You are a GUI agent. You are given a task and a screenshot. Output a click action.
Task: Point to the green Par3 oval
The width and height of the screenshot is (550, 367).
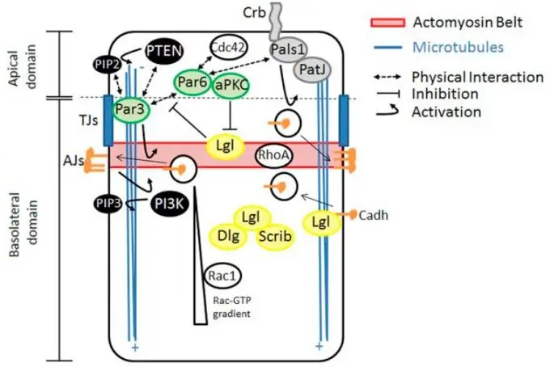click(131, 112)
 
